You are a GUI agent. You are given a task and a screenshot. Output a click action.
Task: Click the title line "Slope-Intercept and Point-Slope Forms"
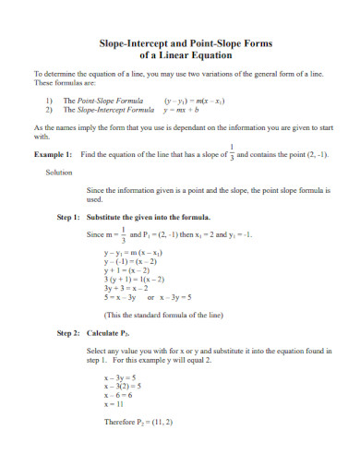(x=179, y=42)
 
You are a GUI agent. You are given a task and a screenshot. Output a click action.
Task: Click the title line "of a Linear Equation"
(x=179, y=54)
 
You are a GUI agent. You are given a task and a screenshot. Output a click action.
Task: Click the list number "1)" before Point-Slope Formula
(x=49, y=100)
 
